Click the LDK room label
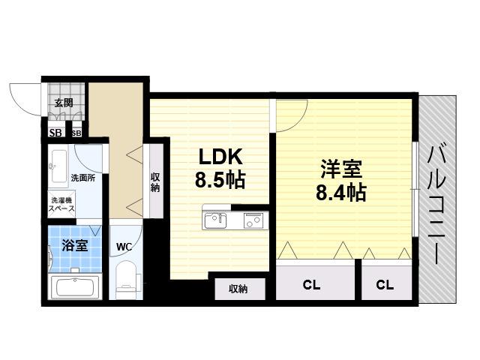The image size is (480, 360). pyautogui.click(x=220, y=157)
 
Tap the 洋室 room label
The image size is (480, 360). pyautogui.click(x=341, y=169)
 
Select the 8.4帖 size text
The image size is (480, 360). pyautogui.click(x=340, y=193)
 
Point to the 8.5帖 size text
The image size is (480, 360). pyautogui.click(x=220, y=180)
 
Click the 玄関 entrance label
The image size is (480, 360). pyautogui.click(x=64, y=103)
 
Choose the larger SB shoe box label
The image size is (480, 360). pyautogui.click(x=55, y=133)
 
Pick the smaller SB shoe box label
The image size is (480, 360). pyautogui.click(x=76, y=133)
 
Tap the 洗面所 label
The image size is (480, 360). pyautogui.click(x=83, y=178)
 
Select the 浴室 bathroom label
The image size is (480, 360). pyautogui.click(x=75, y=245)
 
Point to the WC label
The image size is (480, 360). pyautogui.click(x=124, y=247)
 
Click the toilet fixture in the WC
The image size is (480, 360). pyautogui.click(x=126, y=279)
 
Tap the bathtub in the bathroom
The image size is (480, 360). pyautogui.click(x=75, y=286)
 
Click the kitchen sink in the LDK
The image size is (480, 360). pyautogui.click(x=215, y=220)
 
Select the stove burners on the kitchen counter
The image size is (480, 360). pyautogui.click(x=253, y=220)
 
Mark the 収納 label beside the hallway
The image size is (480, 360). pyautogui.click(x=155, y=183)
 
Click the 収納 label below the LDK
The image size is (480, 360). pyautogui.click(x=238, y=289)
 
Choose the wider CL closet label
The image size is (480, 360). pyautogui.click(x=312, y=285)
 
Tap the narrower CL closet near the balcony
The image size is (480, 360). pyautogui.click(x=385, y=285)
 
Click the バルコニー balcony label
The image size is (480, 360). pyautogui.click(x=437, y=205)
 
